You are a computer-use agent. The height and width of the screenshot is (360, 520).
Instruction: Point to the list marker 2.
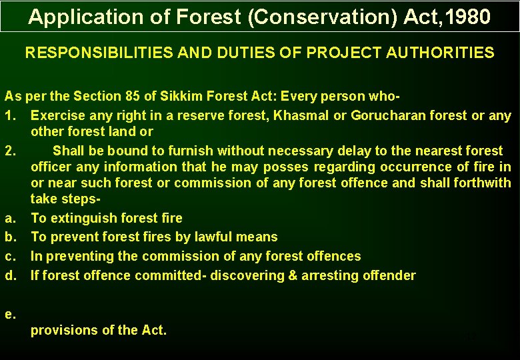[10, 151]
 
